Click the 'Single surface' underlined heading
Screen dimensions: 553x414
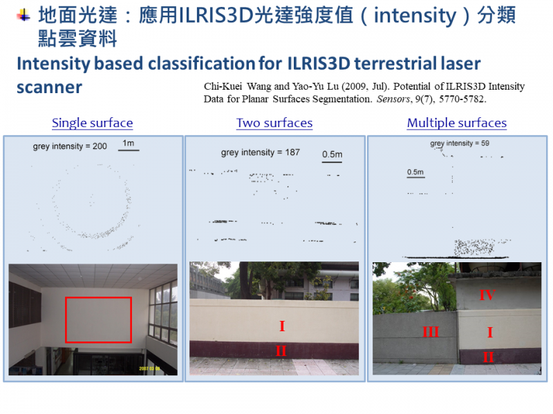click(93, 123)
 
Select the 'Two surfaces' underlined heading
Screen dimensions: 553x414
click(274, 123)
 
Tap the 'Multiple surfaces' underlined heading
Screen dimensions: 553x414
click(457, 123)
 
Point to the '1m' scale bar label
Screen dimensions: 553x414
click(129, 144)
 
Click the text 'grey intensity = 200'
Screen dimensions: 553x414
click(70, 146)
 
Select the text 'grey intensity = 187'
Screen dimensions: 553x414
click(261, 152)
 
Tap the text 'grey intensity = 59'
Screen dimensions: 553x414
click(460, 144)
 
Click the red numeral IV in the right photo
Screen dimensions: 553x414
click(487, 295)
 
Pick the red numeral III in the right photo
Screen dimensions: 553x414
click(431, 332)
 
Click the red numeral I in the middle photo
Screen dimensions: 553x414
click(282, 326)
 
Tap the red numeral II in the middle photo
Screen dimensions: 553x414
click(281, 351)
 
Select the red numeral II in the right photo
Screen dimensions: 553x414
click(488, 357)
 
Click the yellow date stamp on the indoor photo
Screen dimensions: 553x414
click(149, 368)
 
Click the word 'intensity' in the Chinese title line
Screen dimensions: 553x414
click(415, 16)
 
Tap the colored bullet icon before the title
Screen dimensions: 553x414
click(24, 15)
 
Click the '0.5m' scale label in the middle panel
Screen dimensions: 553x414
click(332, 155)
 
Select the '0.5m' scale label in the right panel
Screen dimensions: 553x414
click(415, 172)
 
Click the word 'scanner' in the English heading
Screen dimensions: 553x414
click(49, 88)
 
